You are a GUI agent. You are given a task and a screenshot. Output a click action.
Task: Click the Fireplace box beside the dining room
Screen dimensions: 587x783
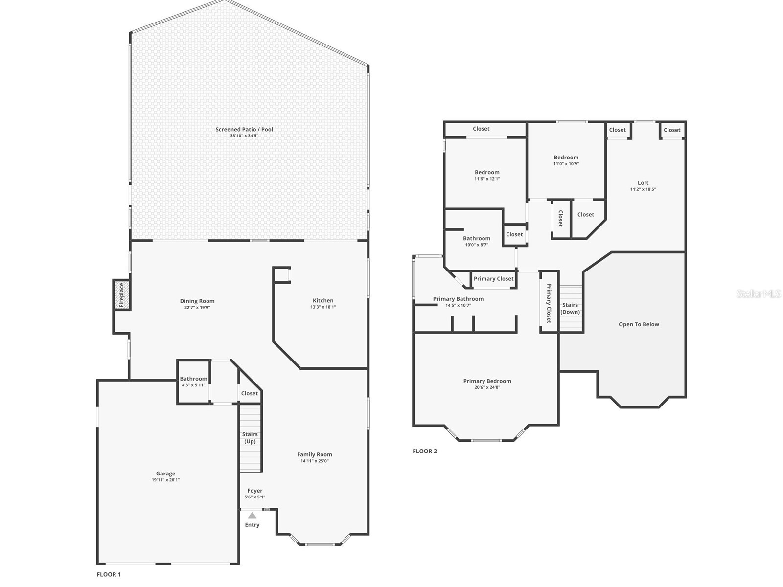click(122, 295)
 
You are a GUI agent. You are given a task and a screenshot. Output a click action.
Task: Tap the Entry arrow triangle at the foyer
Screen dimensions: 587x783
click(252, 515)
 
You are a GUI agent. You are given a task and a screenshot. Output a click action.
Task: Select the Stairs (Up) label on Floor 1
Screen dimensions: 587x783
click(250, 438)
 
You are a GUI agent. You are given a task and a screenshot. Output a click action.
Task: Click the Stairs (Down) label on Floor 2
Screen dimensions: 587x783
click(570, 308)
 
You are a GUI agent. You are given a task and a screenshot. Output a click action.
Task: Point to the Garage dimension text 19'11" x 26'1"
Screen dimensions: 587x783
click(165, 480)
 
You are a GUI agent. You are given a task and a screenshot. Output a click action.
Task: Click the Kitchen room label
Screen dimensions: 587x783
click(323, 301)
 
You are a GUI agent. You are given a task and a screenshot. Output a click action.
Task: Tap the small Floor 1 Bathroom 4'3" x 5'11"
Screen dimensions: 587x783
click(193, 382)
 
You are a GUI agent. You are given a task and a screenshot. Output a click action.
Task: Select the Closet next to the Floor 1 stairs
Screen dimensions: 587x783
click(250, 393)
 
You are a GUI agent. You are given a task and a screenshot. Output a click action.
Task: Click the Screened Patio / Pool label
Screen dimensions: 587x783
click(244, 130)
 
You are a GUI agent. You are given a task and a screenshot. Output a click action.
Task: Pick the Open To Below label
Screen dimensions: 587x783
click(639, 324)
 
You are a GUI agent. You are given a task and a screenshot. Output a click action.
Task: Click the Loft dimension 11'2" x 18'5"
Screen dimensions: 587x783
click(643, 189)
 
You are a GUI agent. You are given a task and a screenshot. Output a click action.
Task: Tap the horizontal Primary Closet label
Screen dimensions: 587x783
click(493, 279)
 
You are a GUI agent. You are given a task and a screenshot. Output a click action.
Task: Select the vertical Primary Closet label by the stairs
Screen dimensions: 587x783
click(549, 303)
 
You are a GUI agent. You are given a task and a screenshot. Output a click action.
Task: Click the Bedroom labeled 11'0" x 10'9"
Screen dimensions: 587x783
click(566, 160)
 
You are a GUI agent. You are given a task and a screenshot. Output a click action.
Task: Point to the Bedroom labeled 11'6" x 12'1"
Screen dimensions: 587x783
click(487, 175)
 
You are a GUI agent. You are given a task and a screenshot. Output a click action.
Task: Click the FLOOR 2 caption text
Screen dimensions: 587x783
click(425, 451)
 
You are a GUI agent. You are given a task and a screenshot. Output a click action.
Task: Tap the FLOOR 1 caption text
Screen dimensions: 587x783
click(109, 574)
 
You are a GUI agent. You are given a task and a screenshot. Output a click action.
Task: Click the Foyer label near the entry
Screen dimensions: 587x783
click(255, 491)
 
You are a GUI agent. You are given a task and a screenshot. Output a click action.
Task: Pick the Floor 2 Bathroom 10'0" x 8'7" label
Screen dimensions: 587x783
click(477, 241)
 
